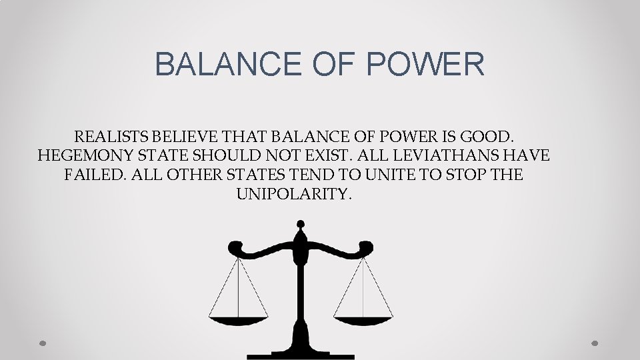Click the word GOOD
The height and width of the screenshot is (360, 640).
point(491,137)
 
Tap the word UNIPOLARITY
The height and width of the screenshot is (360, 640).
point(294,195)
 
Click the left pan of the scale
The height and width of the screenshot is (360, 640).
point(239,319)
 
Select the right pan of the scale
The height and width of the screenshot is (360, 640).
point(363,319)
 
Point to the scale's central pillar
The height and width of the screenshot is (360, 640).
point(301,293)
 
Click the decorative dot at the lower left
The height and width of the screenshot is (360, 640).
point(43,343)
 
